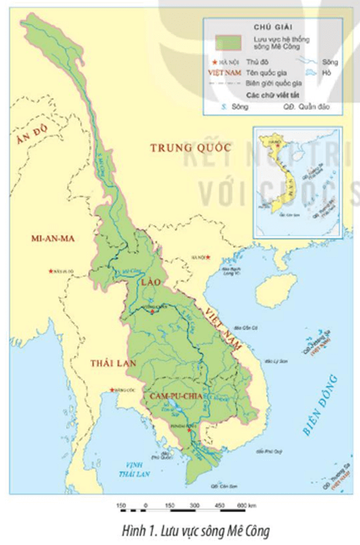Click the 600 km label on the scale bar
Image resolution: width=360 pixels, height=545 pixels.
click(x=247, y=506)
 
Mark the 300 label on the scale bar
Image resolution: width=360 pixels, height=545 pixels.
click(x=193, y=506)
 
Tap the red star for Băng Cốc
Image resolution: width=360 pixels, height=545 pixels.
click(x=110, y=391)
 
